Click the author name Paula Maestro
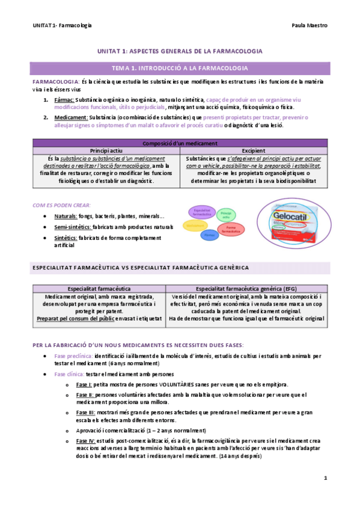(x=309, y=26)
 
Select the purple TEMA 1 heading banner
(x=180, y=68)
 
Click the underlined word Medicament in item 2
(x=70, y=118)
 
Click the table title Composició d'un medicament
(x=180, y=143)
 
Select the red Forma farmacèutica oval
(x=230, y=229)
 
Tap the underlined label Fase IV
(x=85, y=441)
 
